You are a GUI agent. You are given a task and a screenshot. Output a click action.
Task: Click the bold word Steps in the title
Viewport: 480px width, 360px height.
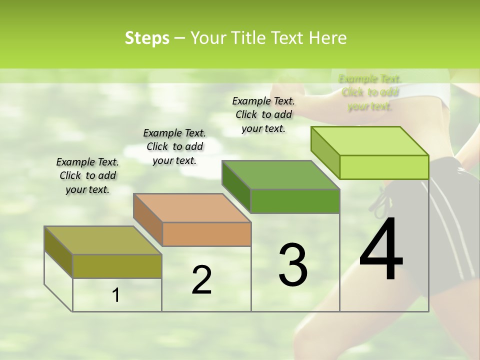[147, 38]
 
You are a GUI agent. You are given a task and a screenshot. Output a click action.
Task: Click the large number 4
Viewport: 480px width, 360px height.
[381, 250]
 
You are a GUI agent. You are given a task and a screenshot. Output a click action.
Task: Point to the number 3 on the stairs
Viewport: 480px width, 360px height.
[293, 264]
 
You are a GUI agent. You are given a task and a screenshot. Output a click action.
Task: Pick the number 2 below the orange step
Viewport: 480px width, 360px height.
[201, 279]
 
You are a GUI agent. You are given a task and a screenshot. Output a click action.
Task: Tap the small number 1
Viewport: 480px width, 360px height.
[116, 295]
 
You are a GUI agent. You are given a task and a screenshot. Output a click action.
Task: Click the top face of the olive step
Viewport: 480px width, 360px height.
[102, 240]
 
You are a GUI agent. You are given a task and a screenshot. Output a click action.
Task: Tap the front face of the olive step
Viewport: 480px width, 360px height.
[117, 266]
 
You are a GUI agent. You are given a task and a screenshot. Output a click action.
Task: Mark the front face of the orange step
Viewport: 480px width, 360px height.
[206, 234]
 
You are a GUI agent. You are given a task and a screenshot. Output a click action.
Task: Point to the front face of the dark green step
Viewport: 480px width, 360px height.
[295, 201]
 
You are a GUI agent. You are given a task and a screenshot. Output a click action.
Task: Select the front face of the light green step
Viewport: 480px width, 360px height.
[384, 167]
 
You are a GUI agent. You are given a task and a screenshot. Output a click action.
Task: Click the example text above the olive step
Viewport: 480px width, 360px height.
[87, 175]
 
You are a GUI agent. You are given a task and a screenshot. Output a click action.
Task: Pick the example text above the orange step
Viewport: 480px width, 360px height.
[174, 146]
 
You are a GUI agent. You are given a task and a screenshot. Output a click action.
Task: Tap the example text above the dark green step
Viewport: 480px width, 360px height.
[263, 114]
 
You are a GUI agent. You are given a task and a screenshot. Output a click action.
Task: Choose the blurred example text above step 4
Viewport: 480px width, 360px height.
[370, 92]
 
